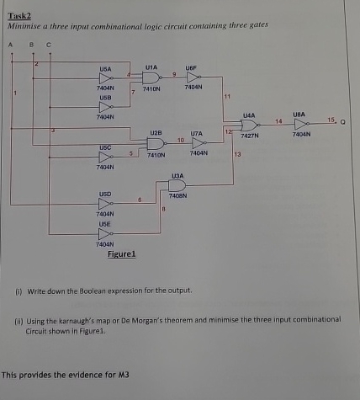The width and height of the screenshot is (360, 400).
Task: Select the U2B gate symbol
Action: coord(156,144)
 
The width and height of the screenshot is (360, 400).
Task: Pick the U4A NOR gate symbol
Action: coord(249,125)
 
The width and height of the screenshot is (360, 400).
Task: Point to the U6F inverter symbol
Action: coord(190,76)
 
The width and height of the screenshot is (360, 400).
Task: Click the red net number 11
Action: coord(226,98)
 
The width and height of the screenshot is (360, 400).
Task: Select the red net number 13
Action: coord(238,155)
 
